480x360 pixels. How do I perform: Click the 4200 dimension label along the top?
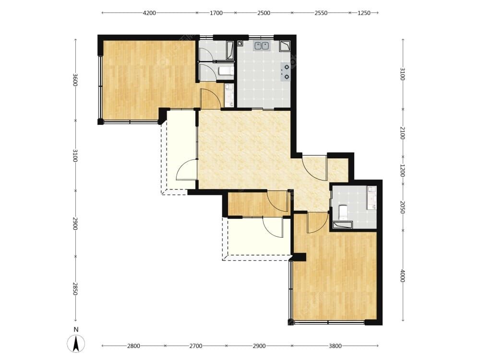pos(149,13)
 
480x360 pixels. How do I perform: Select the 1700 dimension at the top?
pos(216,13)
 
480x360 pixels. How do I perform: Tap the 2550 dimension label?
pos(321,13)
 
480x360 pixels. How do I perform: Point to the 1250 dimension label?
pos(364,13)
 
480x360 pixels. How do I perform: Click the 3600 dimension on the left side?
pos(75,80)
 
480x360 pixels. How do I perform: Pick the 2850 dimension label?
pos(75,288)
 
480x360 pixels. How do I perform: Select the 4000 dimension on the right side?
pos(403,276)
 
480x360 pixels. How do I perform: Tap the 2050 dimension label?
pos(403,207)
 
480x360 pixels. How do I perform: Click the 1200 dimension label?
pos(403,170)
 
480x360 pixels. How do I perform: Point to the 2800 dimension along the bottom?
pos(133,346)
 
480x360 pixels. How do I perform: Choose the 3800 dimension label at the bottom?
pos(335,346)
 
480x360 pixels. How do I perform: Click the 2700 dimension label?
pos(196,346)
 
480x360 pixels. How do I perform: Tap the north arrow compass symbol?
pos(76,344)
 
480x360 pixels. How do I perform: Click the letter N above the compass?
pos(76,330)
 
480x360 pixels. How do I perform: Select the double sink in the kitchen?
pos(262,46)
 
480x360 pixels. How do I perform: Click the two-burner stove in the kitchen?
pos(285,72)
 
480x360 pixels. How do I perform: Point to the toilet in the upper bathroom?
pos(225,71)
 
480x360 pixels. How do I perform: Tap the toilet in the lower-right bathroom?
pos(343,211)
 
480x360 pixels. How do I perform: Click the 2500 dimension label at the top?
pos(264,13)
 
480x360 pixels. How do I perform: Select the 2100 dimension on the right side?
pos(403,133)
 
